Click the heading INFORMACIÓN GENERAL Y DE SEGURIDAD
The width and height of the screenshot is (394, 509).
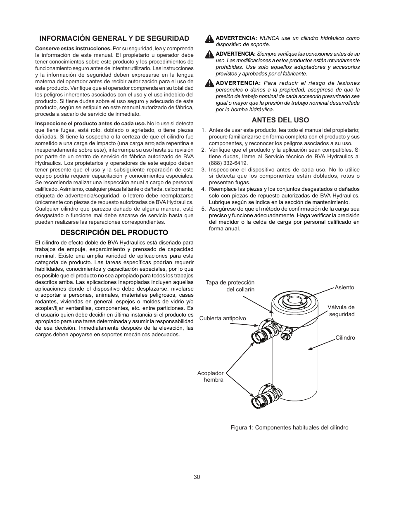point(114,38)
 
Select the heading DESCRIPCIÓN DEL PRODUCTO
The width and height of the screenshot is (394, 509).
point(114,232)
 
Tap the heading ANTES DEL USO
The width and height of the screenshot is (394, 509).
point(280,120)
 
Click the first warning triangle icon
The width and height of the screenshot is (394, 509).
point(209,39)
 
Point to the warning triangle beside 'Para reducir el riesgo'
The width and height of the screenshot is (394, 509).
point(209,84)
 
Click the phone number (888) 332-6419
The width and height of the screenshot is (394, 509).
point(228,163)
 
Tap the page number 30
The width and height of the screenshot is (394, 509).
point(197,477)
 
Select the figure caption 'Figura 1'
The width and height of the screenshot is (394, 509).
point(289,427)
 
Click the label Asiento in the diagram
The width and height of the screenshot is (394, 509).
point(344,287)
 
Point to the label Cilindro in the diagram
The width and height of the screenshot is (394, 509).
point(345,338)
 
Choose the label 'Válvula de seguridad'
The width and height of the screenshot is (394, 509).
point(341,311)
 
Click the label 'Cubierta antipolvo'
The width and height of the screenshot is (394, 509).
point(223,318)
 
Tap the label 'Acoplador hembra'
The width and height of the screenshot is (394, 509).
point(210,376)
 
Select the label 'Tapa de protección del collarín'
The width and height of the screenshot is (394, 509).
point(230,286)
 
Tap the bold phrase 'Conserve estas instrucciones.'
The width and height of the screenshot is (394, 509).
point(73,48)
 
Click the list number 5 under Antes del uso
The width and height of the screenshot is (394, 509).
point(203,209)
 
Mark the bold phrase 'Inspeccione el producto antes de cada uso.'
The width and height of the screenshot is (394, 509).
point(90,123)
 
